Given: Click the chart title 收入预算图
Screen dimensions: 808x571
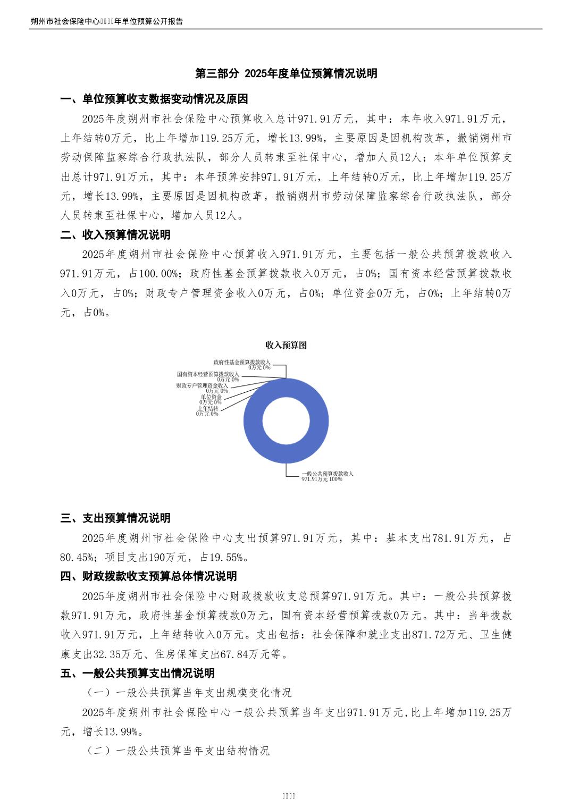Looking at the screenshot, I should (286, 345).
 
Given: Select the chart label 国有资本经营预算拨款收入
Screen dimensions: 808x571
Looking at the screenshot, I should (208, 374).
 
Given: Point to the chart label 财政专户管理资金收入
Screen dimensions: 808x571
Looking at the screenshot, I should (202, 385).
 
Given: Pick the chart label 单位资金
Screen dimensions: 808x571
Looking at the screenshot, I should (211, 397).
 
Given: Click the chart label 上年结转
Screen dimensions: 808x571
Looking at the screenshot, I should (208, 408).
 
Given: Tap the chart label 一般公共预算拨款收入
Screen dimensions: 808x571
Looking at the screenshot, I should (327, 473).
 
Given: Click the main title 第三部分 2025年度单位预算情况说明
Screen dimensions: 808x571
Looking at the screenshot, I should (286, 73).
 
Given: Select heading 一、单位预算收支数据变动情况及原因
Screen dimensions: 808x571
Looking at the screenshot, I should (154, 99).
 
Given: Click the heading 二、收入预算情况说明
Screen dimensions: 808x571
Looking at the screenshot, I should (115, 234).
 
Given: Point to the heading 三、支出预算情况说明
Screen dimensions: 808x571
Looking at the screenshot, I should (115, 518).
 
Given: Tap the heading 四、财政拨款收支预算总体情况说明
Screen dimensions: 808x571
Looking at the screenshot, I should (148, 576).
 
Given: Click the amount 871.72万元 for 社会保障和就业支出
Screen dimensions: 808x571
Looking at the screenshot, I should (439, 635).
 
